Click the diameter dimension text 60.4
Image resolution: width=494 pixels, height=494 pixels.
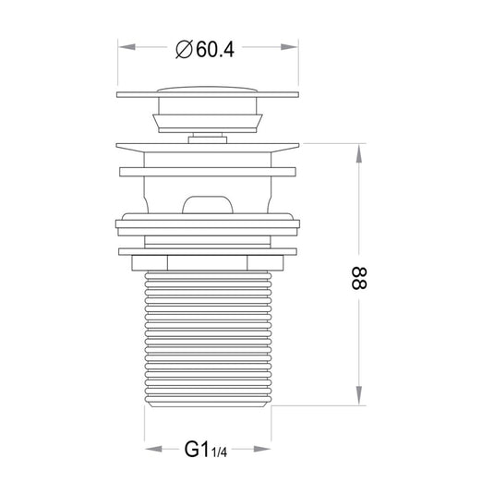[x=215, y=50]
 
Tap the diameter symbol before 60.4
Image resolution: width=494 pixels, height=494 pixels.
[x=184, y=50]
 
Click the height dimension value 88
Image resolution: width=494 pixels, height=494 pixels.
[x=359, y=279]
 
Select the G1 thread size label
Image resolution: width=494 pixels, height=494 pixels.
[x=197, y=450]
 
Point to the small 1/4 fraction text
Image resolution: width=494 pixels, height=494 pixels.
[x=219, y=452]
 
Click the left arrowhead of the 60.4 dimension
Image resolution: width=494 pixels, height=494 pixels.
[x=127, y=47]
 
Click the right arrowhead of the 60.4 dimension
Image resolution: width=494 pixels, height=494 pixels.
[x=289, y=47]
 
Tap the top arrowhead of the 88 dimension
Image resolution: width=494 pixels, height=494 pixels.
[x=359, y=153]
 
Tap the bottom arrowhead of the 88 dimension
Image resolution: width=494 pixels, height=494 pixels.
[x=359, y=396]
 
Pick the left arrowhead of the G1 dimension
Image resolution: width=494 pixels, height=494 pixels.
[x=154, y=449]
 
